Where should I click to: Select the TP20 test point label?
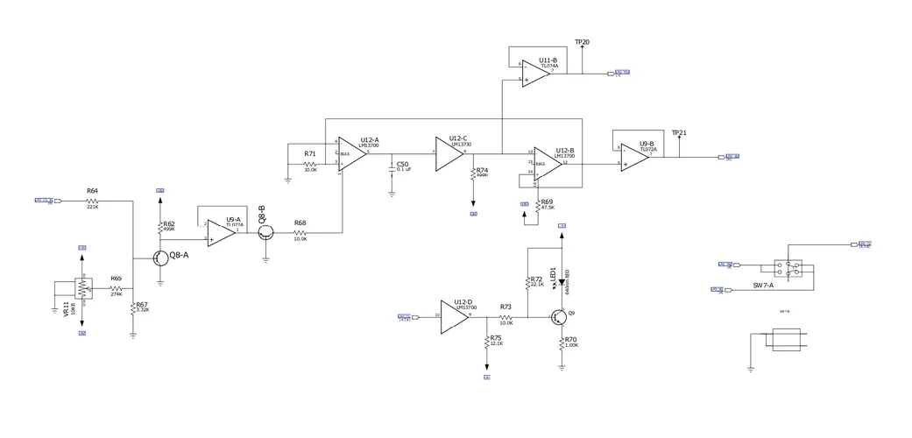(582, 42)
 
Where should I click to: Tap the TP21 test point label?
(679, 133)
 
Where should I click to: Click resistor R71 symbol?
(310, 163)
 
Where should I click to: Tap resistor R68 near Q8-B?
(300, 232)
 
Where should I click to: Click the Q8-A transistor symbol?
(159, 258)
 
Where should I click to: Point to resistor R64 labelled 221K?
(93, 201)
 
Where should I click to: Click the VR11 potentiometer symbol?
(82, 287)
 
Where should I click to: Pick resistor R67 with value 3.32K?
(133, 309)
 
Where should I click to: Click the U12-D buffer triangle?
(455, 315)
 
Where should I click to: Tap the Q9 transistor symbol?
(559, 317)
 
